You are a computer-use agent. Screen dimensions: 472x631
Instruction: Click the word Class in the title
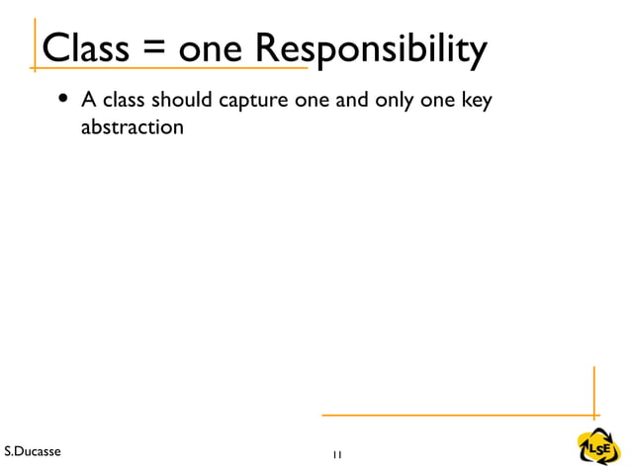tap(84, 47)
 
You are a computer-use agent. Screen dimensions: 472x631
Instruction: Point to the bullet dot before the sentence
tap(64, 101)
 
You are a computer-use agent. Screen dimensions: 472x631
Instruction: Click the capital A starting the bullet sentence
tap(88, 101)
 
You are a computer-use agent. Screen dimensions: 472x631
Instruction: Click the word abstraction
tap(132, 127)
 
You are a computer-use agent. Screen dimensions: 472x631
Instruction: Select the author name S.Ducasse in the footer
tap(32, 451)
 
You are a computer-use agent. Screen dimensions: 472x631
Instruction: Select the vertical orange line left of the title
tap(36, 44)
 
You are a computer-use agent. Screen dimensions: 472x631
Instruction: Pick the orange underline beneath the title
tap(168, 69)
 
